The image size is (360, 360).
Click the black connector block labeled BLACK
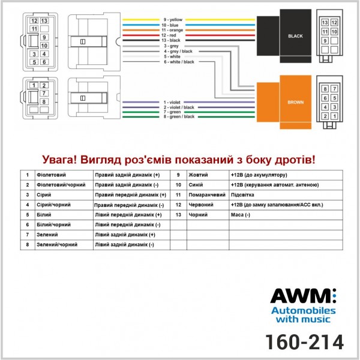tap(284, 36)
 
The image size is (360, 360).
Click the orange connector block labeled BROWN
tap(284, 102)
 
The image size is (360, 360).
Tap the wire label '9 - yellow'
tap(173, 20)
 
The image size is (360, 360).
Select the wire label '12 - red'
tap(169, 35)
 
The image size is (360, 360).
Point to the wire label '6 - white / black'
tap(179, 62)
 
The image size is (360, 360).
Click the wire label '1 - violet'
tap(172, 102)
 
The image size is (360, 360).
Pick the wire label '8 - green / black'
tap(179, 116)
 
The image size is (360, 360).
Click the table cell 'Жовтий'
tap(198, 175)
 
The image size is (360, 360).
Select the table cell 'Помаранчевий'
tap(207, 195)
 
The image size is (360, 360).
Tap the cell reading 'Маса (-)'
tap(241, 215)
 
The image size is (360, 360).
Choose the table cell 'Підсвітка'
tap(242, 195)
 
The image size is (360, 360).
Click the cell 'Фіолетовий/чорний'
tap(61, 185)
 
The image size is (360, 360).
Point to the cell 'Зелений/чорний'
tap(57, 245)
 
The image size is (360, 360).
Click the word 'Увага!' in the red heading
tap(59, 160)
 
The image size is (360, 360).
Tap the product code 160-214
tap(304, 342)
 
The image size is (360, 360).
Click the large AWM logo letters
tap(303, 296)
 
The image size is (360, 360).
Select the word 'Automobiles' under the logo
tap(303, 311)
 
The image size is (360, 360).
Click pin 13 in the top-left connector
tap(44, 21)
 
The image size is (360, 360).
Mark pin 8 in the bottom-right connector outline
tap(325, 89)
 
